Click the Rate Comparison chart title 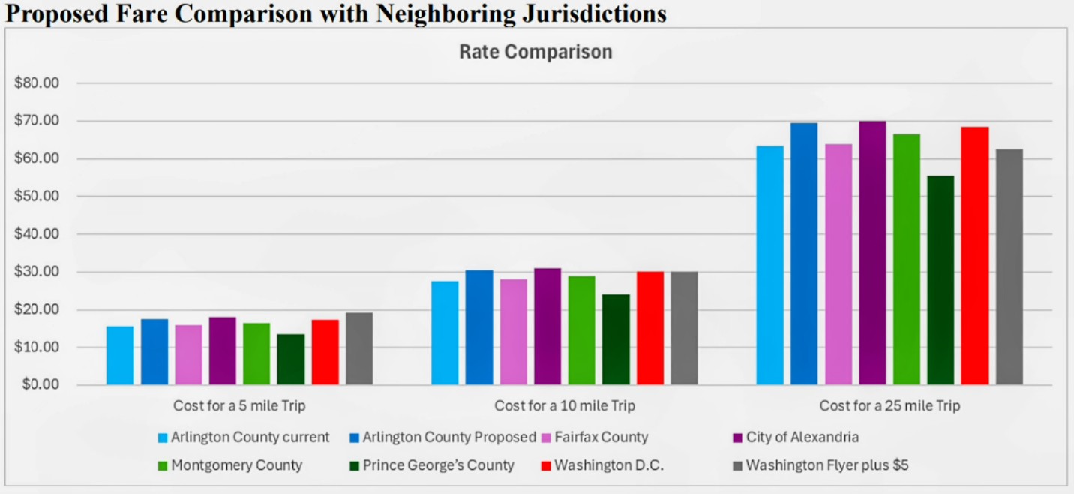coord(535,52)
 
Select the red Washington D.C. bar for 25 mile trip coord(975,255)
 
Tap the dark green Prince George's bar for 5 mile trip coord(291,360)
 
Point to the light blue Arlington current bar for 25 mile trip coord(769,265)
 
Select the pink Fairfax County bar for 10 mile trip coord(514,332)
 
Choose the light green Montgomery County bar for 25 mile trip coord(907,259)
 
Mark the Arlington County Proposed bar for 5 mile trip coord(154,352)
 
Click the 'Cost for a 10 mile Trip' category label coord(564,406)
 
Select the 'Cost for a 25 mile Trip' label coord(889,406)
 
